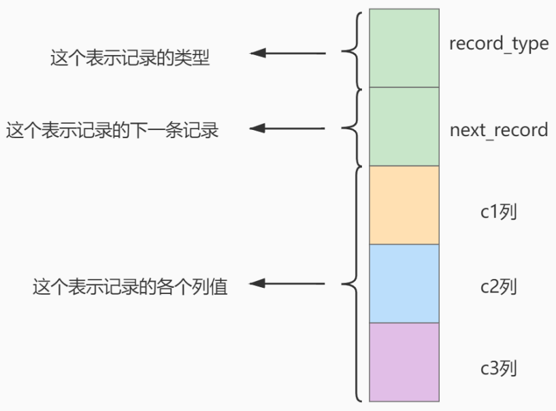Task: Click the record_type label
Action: tap(499, 45)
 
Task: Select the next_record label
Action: tap(499, 130)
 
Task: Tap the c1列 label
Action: tap(499, 212)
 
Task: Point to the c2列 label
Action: tap(499, 286)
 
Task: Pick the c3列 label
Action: tap(499, 368)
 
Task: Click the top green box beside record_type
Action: tap(404, 48)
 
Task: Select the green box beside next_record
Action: tap(404, 127)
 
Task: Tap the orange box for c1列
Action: tap(404, 205)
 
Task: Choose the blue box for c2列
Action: tap(404, 284)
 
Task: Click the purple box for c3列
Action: tap(404, 362)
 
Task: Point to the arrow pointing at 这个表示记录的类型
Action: tap(288, 53)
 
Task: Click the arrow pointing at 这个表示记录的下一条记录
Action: tap(287, 128)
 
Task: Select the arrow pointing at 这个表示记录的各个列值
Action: tap(287, 283)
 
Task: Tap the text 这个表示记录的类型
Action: tap(130, 57)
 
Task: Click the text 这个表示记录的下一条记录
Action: tap(112, 130)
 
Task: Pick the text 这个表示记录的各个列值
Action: tap(130, 286)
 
